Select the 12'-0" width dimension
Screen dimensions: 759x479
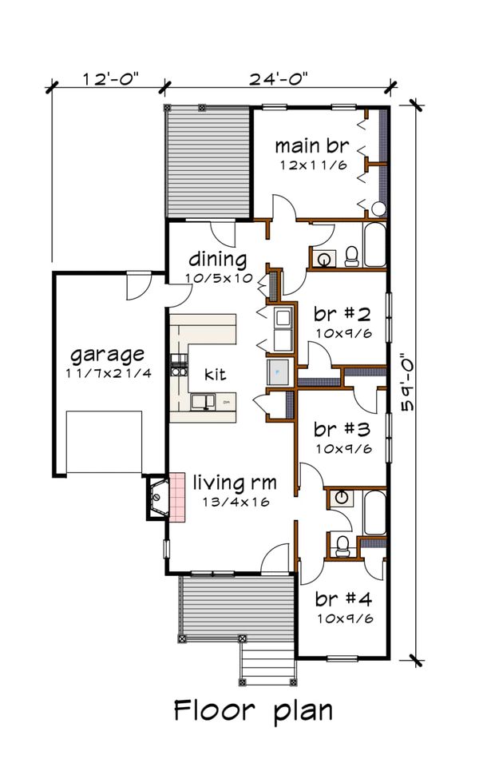tap(110, 78)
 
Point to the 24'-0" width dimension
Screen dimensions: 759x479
tap(278, 78)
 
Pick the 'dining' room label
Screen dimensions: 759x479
tap(216, 260)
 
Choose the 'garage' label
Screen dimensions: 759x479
tap(107, 353)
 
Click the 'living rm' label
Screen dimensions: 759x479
tap(236, 483)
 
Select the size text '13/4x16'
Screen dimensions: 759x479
tap(236, 503)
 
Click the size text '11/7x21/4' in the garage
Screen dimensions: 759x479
tap(107, 373)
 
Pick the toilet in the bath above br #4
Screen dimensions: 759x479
tap(342, 546)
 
